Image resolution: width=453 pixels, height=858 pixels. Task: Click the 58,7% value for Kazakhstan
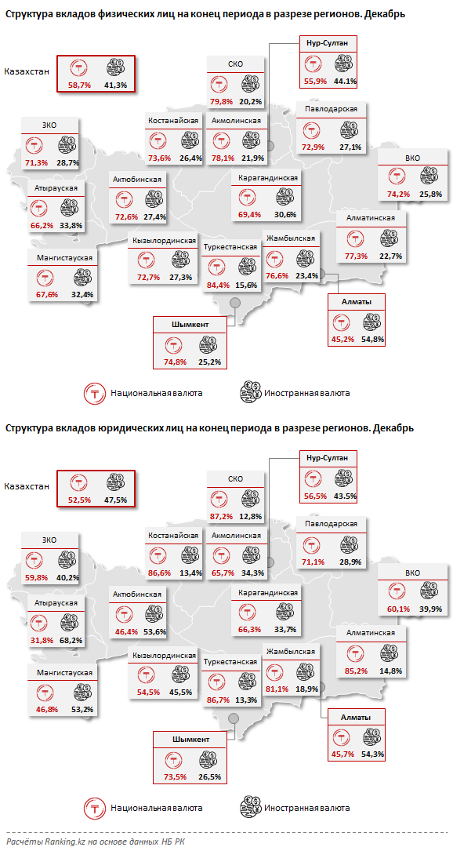(x=80, y=85)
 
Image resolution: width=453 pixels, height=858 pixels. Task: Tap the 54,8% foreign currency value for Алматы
(x=373, y=340)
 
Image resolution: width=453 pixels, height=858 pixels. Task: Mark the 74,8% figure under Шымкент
(x=176, y=362)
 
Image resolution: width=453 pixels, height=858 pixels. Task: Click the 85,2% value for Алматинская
(x=356, y=671)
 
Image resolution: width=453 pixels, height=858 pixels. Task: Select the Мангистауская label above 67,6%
(x=64, y=258)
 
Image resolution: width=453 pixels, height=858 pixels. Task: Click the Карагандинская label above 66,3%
(x=268, y=593)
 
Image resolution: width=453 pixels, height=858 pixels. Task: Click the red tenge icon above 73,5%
(x=175, y=758)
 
